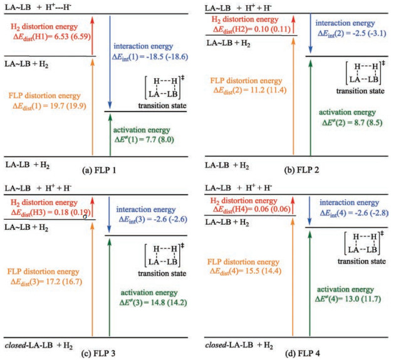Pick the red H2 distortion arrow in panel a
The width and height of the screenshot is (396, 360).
[93, 36]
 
